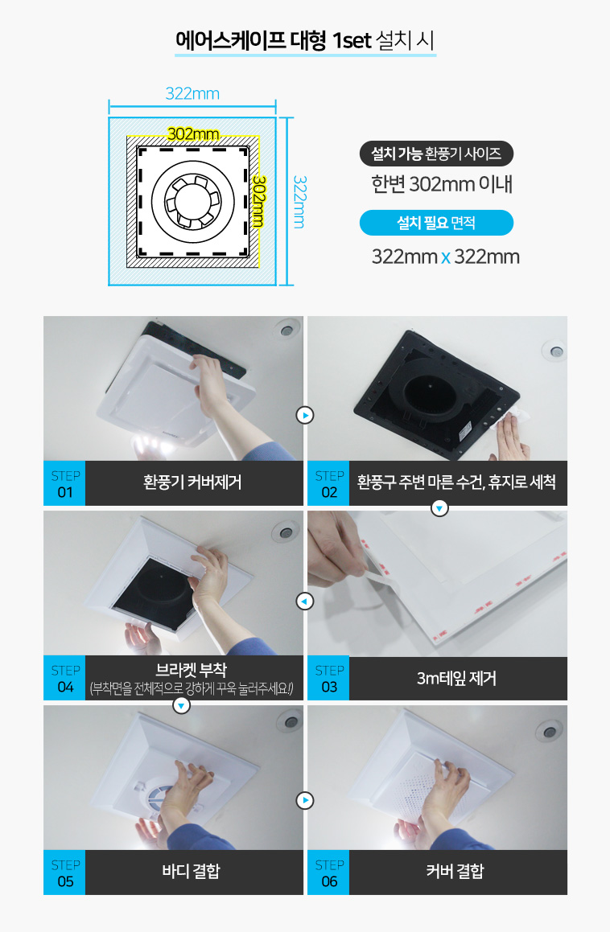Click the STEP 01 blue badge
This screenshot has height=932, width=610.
(x=64, y=483)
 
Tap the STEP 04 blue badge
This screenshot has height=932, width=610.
(x=64, y=678)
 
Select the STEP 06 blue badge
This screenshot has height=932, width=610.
(x=328, y=872)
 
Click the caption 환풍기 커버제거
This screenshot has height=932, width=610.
(x=192, y=482)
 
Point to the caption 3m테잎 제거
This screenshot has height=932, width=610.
(x=456, y=678)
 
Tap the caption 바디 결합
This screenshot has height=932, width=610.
(x=191, y=872)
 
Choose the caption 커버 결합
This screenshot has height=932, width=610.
(x=455, y=872)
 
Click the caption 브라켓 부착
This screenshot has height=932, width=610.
(x=191, y=670)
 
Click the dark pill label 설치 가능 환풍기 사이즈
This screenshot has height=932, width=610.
(x=436, y=154)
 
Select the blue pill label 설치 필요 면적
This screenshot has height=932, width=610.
(x=436, y=223)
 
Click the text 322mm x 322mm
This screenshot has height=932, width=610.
(x=446, y=257)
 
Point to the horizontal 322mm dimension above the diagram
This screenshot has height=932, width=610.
(x=192, y=94)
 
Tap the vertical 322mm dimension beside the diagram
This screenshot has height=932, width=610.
(x=299, y=202)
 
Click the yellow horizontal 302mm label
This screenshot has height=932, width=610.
(x=193, y=133)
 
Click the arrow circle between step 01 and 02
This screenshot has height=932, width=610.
(x=305, y=415)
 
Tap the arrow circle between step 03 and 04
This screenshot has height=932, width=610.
(x=305, y=601)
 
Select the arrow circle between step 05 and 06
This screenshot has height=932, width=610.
(x=305, y=800)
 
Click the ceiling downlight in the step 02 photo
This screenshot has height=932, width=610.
(x=555, y=351)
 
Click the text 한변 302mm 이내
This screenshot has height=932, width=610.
(x=442, y=184)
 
